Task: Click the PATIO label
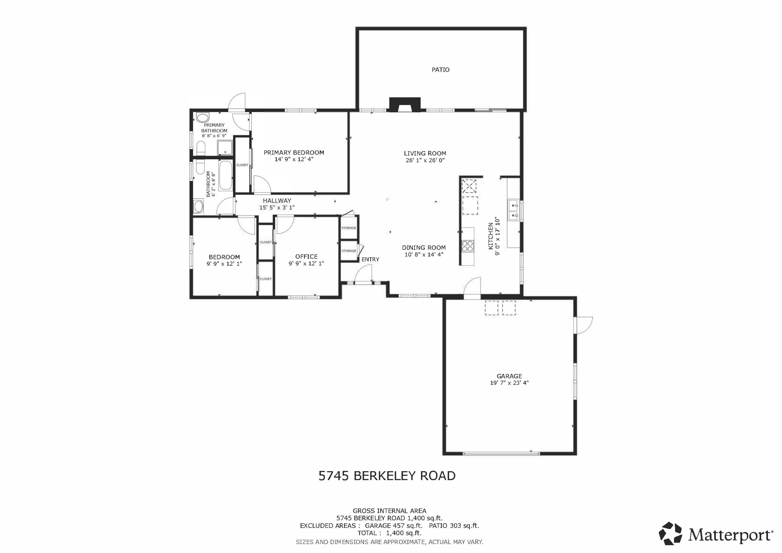[x=440, y=70]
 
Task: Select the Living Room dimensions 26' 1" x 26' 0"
[x=425, y=160]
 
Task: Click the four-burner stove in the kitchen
[x=468, y=246]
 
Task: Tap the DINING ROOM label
[x=424, y=248]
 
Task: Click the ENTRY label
[x=370, y=259]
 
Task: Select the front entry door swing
[x=363, y=274]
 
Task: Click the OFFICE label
[x=306, y=257]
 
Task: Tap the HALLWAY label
[x=277, y=201]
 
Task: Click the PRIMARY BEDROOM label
[x=294, y=153]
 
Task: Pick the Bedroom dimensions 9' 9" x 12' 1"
[x=224, y=264]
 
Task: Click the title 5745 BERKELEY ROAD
[x=387, y=476]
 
